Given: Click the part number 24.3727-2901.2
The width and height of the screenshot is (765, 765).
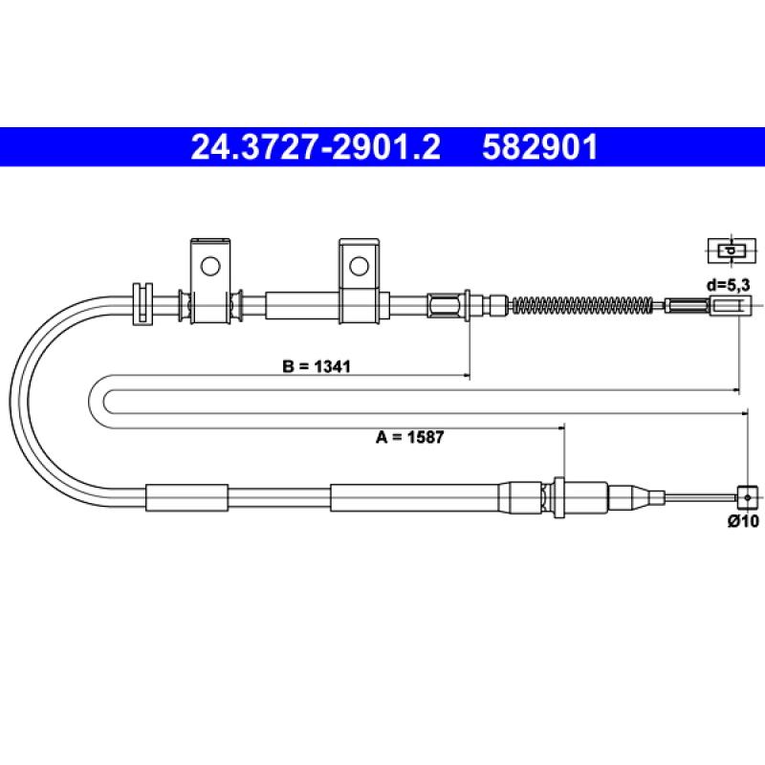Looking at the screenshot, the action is [x=316, y=147].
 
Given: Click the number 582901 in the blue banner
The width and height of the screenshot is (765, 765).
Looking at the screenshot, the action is [x=539, y=147].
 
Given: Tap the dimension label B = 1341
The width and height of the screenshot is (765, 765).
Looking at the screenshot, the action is [x=317, y=366].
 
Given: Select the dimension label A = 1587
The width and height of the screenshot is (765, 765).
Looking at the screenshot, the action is [x=410, y=437].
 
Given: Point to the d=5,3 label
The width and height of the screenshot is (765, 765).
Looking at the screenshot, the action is [x=728, y=284].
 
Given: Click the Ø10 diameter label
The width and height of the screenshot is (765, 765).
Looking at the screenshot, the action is [x=743, y=520].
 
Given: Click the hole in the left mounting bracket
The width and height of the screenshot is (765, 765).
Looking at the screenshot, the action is [x=210, y=266].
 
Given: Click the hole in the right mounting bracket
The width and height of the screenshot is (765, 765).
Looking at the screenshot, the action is [x=360, y=266].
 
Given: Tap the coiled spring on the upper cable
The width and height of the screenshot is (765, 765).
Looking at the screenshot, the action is [x=582, y=305].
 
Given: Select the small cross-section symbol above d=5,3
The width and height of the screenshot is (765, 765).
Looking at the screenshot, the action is [x=732, y=251].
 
